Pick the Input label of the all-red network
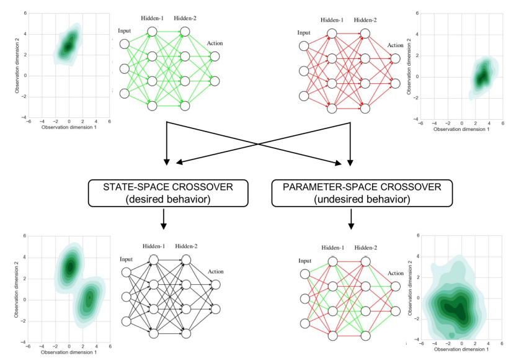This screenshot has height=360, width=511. [x=304, y=33]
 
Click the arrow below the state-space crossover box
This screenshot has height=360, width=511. [x=163, y=220]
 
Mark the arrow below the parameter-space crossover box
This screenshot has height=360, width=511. [x=351, y=220]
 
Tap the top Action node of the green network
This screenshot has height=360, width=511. [x=215, y=56]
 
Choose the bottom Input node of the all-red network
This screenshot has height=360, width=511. [x=303, y=95]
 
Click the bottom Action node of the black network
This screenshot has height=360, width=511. [x=215, y=308]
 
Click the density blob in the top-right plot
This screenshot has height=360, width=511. [x=481, y=77]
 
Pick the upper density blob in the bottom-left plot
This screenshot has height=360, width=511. [x=70, y=266]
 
